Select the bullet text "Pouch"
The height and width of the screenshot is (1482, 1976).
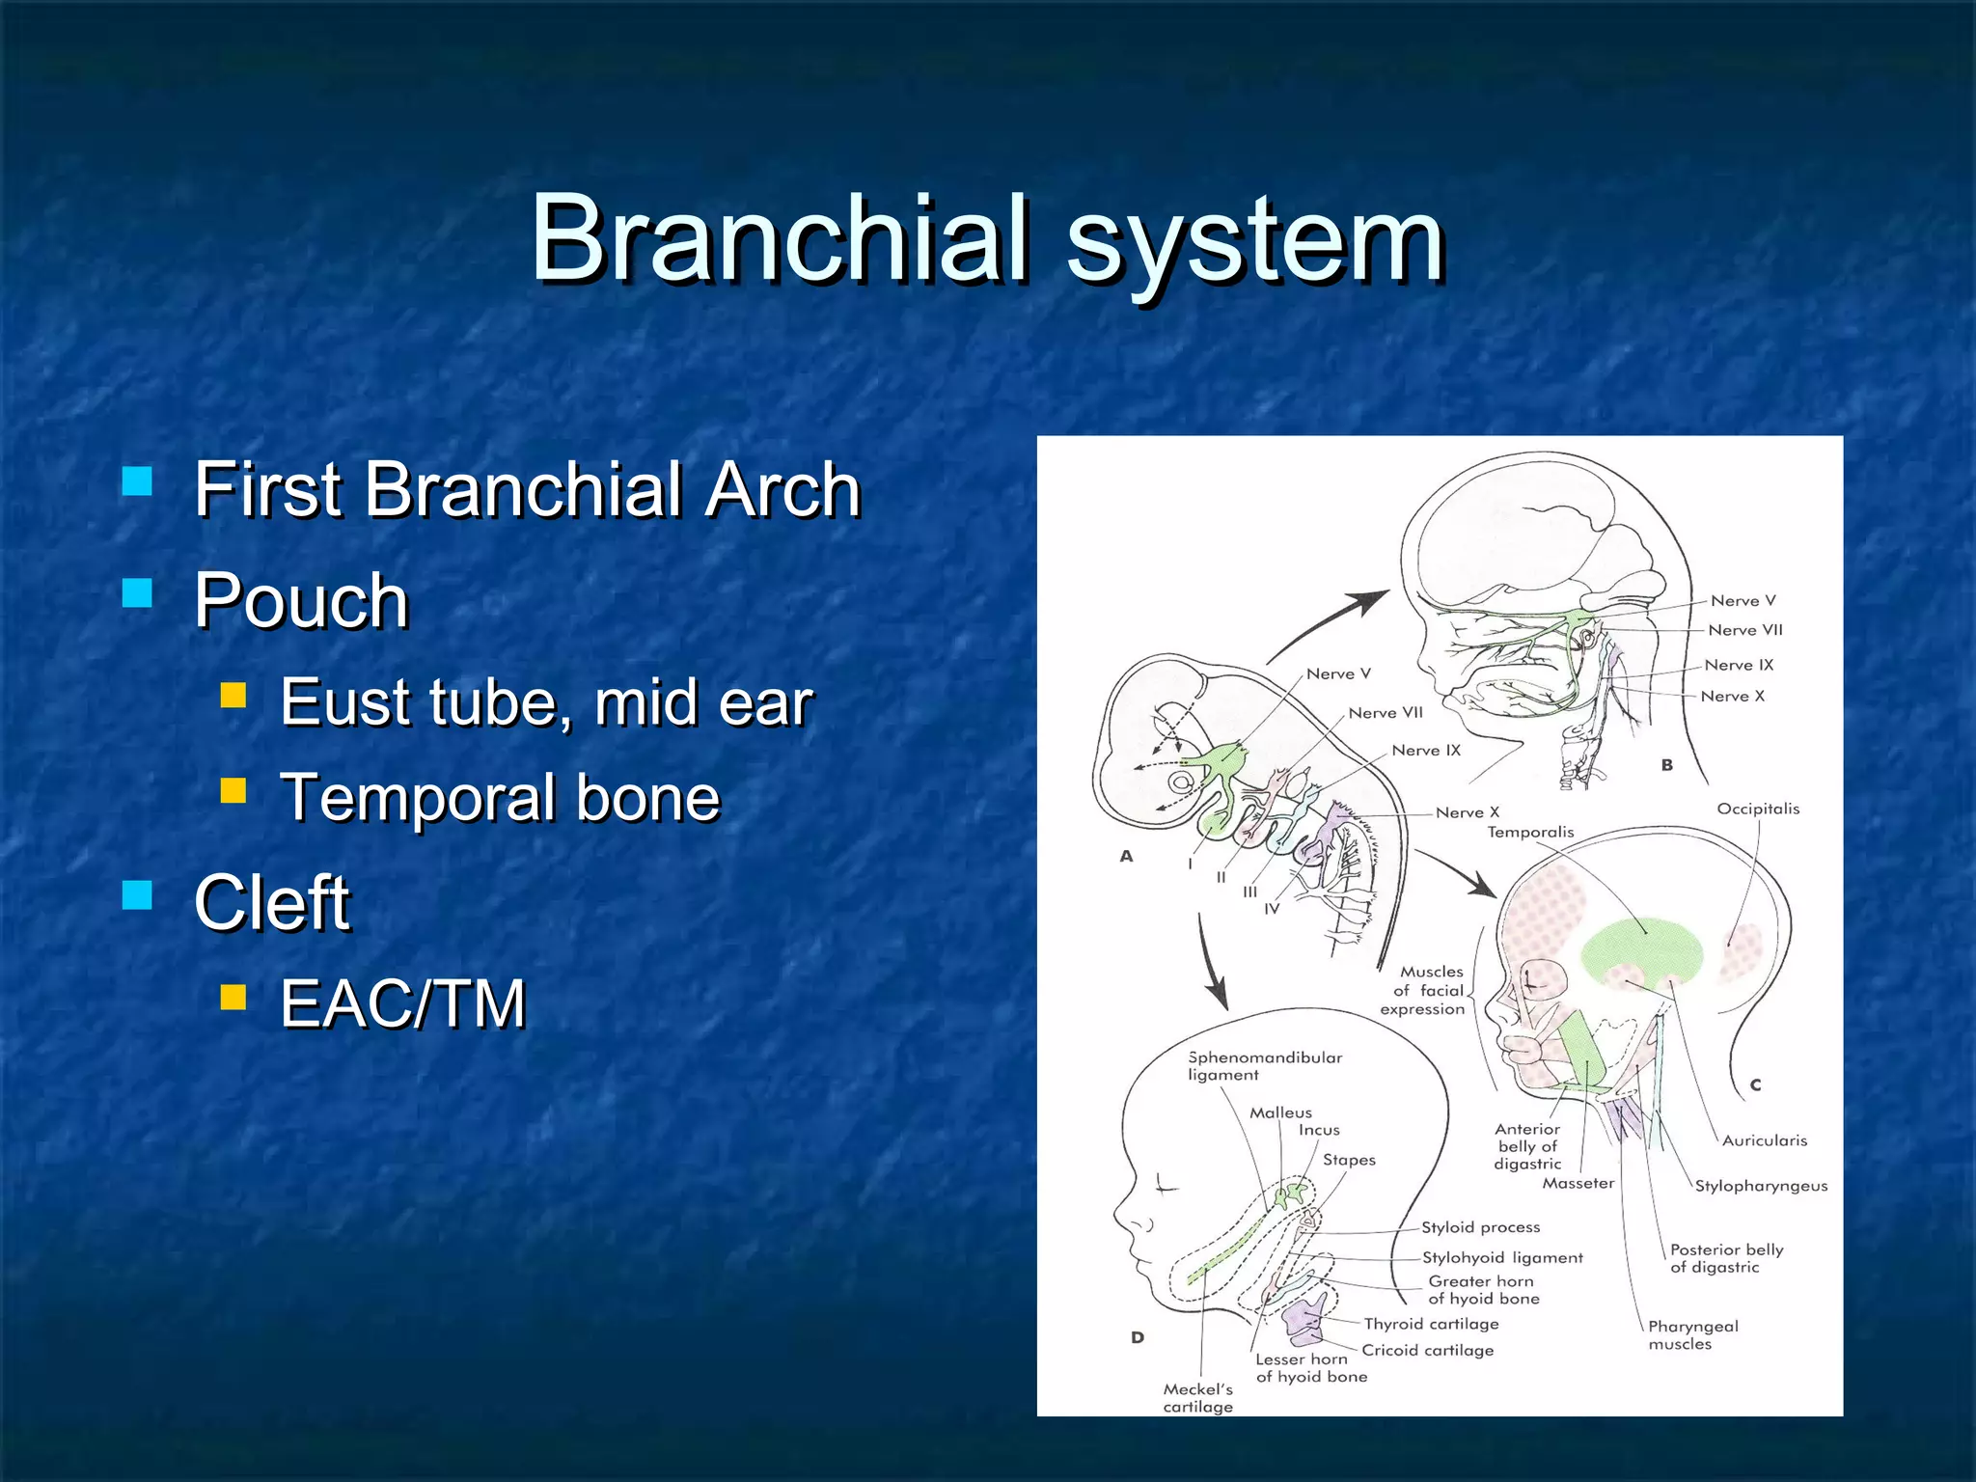click(x=301, y=600)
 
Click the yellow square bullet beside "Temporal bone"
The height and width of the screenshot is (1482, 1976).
click(x=233, y=791)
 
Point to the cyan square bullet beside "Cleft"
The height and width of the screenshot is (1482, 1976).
click(x=138, y=894)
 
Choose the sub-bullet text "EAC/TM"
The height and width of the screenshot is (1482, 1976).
click(x=402, y=1004)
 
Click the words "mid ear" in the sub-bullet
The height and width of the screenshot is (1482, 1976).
click(x=703, y=702)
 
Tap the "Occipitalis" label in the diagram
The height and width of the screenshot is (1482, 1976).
click(x=1758, y=809)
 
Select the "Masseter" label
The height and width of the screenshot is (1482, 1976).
click(x=1578, y=1183)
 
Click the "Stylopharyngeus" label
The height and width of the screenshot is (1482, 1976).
click(x=1761, y=1186)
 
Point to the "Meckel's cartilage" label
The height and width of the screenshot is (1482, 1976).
click(x=1197, y=1398)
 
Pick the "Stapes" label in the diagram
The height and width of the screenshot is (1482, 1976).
click(x=1349, y=1160)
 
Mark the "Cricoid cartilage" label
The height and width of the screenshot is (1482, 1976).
click(x=1427, y=1350)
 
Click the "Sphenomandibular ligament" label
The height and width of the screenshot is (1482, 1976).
click(x=1264, y=1065)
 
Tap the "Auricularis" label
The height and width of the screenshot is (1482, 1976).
click(x=1764, y=1140)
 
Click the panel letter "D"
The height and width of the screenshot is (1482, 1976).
click(x=1138, y=1337)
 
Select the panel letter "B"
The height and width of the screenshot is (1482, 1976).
click(x=1666, y=765)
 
